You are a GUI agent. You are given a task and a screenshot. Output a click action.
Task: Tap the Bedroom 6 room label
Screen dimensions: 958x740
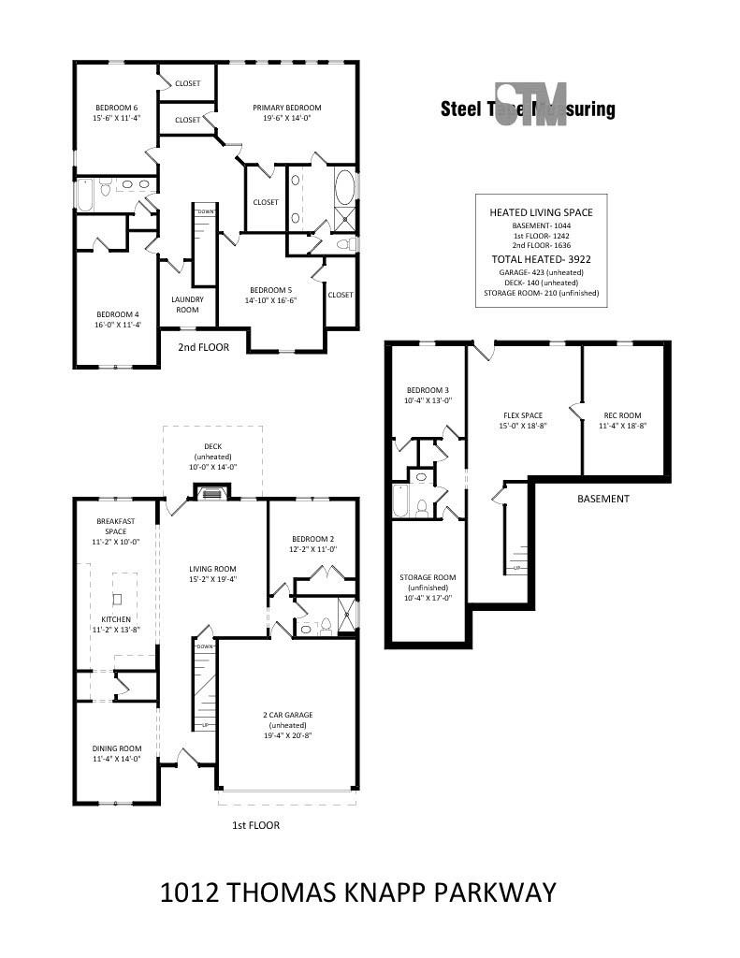116,108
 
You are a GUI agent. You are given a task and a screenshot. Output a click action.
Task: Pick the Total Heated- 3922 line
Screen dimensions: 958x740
541,259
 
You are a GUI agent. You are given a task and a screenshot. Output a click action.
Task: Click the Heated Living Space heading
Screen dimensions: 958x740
541,212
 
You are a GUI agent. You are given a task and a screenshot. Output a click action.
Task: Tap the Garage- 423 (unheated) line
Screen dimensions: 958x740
541,271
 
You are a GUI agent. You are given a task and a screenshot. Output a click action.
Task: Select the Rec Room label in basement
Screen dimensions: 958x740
622,415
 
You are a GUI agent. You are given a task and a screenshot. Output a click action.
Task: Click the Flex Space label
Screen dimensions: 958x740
522,415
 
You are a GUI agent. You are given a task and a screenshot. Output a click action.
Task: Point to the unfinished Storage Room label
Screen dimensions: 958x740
428,577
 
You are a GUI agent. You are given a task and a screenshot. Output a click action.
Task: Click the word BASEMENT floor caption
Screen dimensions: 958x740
602,499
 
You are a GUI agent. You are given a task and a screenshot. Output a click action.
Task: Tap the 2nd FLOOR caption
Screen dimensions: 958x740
203,346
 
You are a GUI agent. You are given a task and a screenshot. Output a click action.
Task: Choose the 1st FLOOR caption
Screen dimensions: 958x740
255,825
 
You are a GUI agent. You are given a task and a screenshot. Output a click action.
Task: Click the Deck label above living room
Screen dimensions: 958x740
213,446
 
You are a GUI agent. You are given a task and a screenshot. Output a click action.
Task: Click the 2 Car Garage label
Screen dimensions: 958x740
287,715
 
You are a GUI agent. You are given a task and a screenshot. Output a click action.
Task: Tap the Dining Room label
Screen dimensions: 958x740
116,748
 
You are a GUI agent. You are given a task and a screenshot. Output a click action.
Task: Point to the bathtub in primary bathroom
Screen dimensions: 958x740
344,187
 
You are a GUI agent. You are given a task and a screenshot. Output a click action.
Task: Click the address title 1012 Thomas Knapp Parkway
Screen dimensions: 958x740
358,892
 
